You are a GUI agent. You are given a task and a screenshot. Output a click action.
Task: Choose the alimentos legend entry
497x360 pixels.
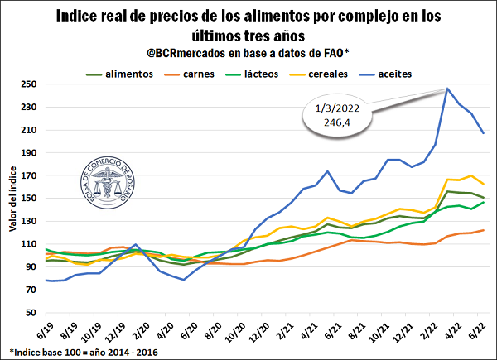tap(128, 74)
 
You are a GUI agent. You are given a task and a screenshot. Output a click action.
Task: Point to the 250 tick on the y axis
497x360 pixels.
tap(31, 84)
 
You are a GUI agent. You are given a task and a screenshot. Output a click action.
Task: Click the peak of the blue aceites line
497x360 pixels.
tap(447, 89)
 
